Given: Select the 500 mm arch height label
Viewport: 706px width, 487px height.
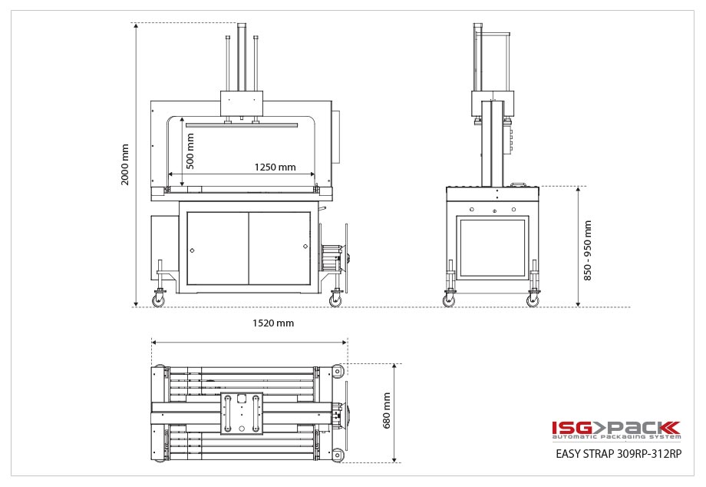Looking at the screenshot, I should click(x=190, y=151).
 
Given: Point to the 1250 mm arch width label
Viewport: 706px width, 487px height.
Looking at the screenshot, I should click(x=275, y=167).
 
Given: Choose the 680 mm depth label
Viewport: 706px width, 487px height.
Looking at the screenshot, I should click(x=386, y=410).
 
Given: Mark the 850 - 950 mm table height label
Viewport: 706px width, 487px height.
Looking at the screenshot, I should click(x=588, y=250).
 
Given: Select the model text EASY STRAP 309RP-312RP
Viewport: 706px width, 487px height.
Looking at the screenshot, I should click(x=618, y=453).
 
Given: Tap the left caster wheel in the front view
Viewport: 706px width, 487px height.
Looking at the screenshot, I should click(x=159, y=300).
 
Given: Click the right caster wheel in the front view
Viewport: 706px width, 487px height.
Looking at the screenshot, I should click(x=335, y=300).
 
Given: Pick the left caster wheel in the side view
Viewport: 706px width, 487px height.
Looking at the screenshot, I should click(x=449, y=300).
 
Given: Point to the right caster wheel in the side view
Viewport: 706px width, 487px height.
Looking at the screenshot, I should click(x=533, y=300).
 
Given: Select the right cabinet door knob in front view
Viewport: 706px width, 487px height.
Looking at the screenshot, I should click(x=305, y=247).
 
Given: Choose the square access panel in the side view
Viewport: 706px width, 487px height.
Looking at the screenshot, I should click(x=491, y=248).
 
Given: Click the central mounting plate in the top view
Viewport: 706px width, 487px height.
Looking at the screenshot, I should click(x=242, y=412).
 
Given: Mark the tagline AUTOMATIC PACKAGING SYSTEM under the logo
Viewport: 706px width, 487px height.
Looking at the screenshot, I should click(x=615, y=437).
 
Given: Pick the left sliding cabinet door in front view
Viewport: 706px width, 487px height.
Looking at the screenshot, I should click(x=218, y=248).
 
